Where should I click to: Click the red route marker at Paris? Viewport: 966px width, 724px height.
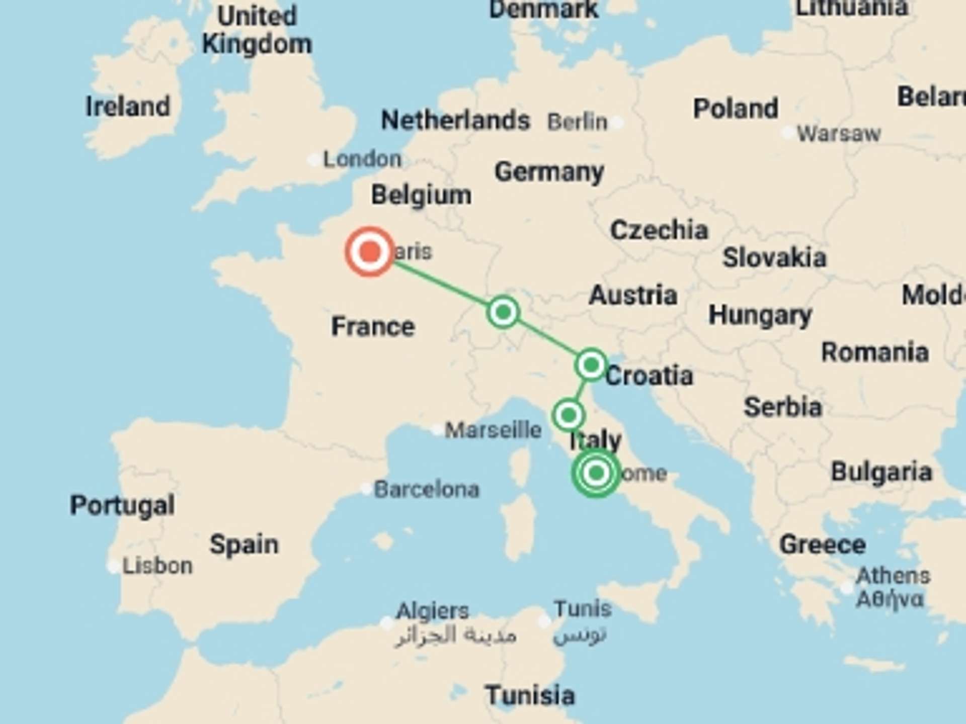(x=370, y=251)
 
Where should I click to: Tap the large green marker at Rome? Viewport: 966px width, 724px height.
(x=596, y=473)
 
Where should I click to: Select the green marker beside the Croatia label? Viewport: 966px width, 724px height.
(x=591, y=365)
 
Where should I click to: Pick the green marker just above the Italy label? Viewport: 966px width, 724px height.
(x=569, y=415)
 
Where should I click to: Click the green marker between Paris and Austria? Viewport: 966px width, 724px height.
(x=503, y=312)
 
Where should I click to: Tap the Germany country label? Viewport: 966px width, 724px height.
(x=549, y=172)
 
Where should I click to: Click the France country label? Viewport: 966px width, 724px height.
(x=373, y=326)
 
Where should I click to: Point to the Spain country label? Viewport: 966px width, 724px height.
(x=244, y=545)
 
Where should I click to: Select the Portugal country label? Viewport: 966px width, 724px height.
(x=122, y=505)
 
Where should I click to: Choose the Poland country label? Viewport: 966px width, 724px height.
(x=736, y=109)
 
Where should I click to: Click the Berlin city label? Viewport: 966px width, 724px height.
(x=578, y=122)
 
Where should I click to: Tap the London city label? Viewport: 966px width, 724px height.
(x=362, y=159)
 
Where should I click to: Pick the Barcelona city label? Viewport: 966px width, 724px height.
(x=427, y=489)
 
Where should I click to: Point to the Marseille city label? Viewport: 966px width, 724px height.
(x=493, y=430)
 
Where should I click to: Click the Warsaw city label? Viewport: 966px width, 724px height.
(x=839, y=134)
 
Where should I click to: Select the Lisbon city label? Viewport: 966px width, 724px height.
(x=157, y=566)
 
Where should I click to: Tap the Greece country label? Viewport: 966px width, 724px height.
(x=822, y=545)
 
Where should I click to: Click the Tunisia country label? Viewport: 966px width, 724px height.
(x=530, y=696)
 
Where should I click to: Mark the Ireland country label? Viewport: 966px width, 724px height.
(x=128, y=107)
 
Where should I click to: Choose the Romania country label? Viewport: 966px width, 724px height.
(x=874, y=352)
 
